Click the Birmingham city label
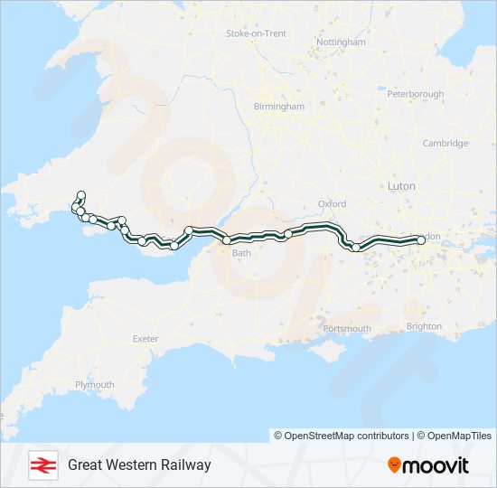tap(278, 106)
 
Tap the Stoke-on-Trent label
tap(256, 33)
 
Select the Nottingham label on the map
tap(341, 42)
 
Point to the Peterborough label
tap(415, 93)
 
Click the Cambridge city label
tap(445, 143)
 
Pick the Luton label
tap(400, 185)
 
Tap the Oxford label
tap(333, 204)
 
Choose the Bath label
tap(241, 253)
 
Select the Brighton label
tap(424, 326)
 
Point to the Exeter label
tap(145, 339)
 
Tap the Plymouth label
tap(95, 384)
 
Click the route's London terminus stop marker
tap(420, 239)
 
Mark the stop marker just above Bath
tap(227, 240)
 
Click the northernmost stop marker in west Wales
tap(81, 194)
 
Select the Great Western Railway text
tap(139, 465)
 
